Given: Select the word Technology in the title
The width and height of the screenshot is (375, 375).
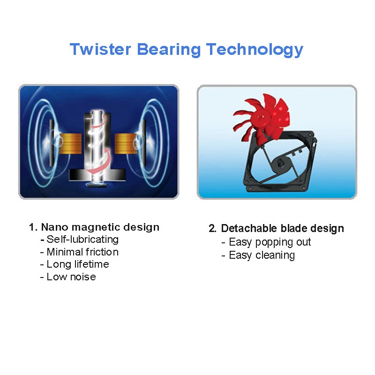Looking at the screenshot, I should point(255,50).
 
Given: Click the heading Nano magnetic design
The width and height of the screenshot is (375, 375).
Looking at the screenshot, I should point(100,227).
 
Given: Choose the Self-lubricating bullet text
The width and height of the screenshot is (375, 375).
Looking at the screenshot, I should point(82,240).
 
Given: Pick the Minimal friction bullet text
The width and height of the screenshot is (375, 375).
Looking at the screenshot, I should point(82,252).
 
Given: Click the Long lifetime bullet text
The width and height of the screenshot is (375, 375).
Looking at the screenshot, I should point(77,264).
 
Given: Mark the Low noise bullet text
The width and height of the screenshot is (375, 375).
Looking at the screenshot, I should point(71,277).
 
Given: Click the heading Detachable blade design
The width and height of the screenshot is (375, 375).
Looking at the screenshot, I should point(282,229).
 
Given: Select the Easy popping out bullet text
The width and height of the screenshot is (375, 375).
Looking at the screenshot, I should point(270,242).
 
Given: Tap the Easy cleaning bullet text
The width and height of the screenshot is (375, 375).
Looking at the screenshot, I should point(262,255).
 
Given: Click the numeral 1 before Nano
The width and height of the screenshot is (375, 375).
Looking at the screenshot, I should point(32,227).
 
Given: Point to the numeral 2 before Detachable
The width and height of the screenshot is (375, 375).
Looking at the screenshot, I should point(212,229).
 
